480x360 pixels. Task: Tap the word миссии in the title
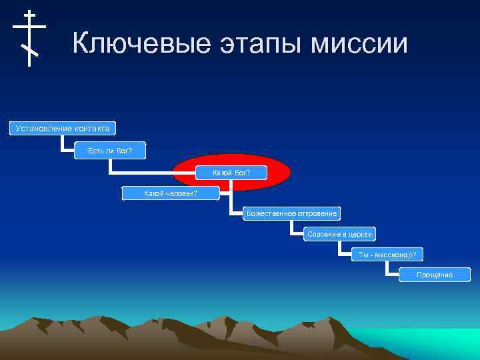(x=363, y=44)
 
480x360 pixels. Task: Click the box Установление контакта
(x=63, y=128)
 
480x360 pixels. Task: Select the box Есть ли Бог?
(x=110, y=151)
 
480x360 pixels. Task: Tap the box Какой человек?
(x=171, y=194)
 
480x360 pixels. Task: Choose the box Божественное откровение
(x=292, y=214)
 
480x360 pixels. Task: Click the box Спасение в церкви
(x=340, y=234)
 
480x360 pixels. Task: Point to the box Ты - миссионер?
(x=387, y=255)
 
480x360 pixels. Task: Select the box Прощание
(x=435, y=275)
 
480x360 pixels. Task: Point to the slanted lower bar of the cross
(x=29, y=49)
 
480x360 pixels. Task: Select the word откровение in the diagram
(x=317, y=214)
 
